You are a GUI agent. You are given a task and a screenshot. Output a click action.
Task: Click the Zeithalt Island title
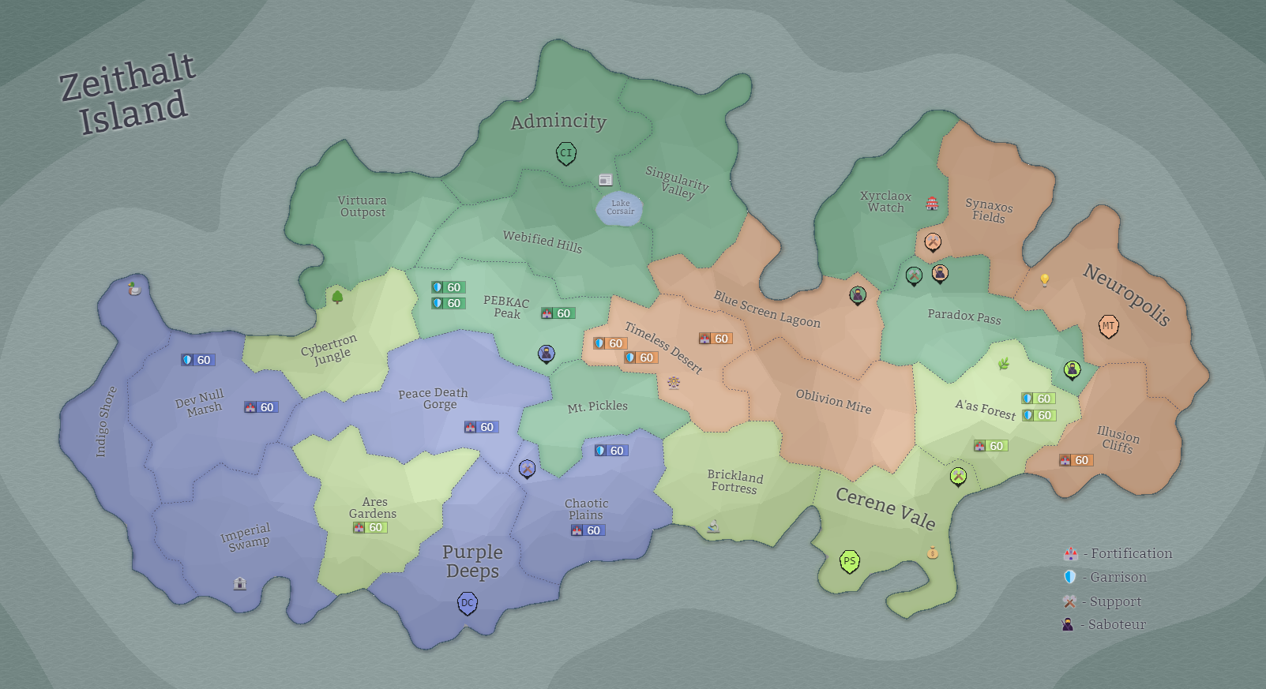128,93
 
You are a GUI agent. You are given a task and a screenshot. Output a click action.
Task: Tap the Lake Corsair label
621,208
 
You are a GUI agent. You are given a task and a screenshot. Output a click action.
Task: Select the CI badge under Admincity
565,153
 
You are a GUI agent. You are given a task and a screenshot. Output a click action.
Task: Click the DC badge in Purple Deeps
468,604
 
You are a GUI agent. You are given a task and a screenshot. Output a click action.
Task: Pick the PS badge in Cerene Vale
849,562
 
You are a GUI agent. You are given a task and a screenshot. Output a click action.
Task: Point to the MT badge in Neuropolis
1109,326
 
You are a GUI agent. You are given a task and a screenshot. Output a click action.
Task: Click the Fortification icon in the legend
1071,554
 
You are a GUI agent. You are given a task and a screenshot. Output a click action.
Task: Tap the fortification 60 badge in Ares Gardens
370,528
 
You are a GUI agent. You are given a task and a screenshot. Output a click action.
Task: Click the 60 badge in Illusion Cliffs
1076,460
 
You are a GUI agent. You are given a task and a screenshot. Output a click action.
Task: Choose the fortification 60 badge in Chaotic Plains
588,530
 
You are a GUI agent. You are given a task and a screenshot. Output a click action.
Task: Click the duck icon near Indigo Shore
135,289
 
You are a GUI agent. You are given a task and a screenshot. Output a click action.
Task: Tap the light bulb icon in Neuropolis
1045,280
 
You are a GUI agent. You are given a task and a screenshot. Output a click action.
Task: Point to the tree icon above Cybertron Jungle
337,297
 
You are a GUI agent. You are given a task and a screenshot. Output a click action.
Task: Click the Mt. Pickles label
597,406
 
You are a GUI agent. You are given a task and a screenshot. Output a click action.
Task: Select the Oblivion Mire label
833,401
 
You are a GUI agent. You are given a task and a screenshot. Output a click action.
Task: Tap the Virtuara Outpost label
363,206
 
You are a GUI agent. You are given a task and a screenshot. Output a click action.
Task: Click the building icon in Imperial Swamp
240,583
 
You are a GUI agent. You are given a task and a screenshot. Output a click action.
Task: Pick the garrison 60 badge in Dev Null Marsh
197,360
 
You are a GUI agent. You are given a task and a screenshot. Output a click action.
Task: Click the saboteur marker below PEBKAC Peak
547,354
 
